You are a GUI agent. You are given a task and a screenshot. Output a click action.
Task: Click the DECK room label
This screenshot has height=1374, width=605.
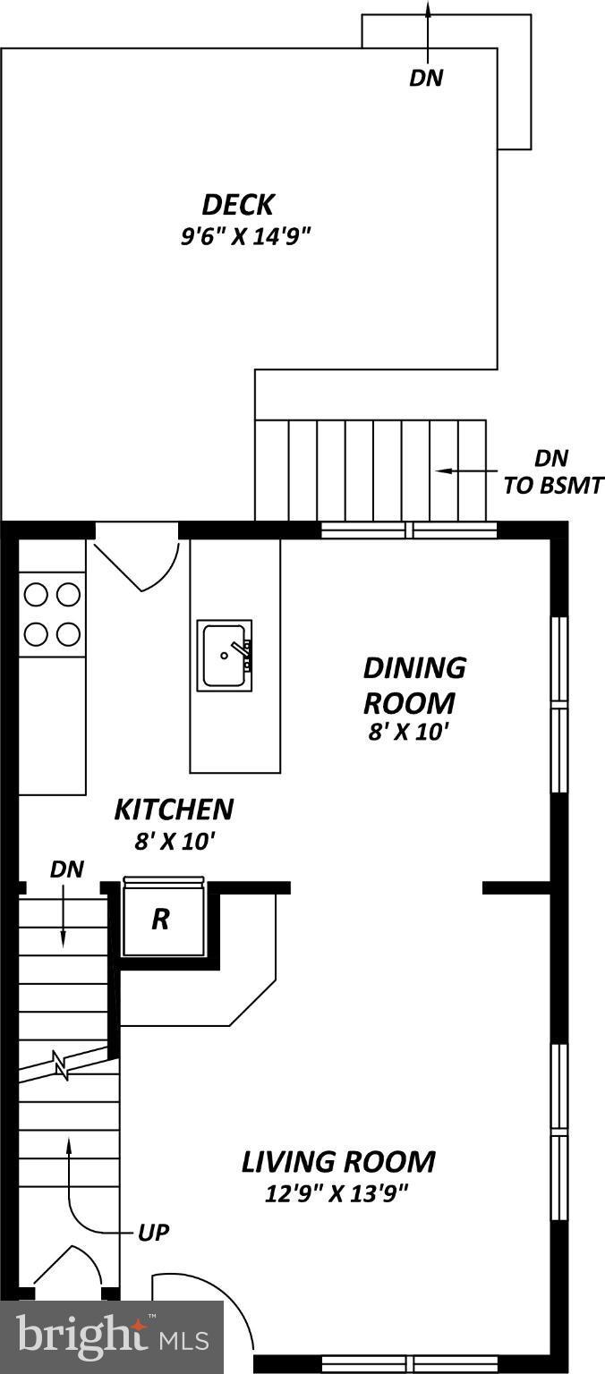coord(237,205)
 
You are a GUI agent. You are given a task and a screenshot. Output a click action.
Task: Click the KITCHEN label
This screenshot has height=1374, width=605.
coord(174,810)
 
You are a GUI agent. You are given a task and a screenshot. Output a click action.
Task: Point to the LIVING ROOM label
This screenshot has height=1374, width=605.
coord(338,1162)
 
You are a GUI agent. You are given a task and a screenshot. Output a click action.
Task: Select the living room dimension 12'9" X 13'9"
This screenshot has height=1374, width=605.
coord(338,1192)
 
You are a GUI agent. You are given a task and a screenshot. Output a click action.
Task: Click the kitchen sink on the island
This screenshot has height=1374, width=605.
coord(225,655)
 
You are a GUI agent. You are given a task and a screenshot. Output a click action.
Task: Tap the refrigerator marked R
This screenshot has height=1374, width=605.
coord(161,920)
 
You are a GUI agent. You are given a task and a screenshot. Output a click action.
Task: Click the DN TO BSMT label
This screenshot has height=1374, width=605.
coord(552,472)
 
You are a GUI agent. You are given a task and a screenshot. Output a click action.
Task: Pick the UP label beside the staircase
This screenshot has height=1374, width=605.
coord(154,1232)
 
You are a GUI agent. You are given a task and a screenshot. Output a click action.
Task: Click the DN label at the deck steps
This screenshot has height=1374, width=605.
coord(426,78)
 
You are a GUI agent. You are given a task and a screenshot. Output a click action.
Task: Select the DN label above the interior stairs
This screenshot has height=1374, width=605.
coord(67,869)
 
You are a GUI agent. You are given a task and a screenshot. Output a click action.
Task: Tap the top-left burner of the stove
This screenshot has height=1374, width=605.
coord(36,594)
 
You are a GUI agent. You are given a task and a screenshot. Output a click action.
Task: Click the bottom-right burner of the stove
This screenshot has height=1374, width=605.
coord(68,634)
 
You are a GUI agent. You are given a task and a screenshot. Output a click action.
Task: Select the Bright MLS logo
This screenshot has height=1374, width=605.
coord(112,1337)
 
